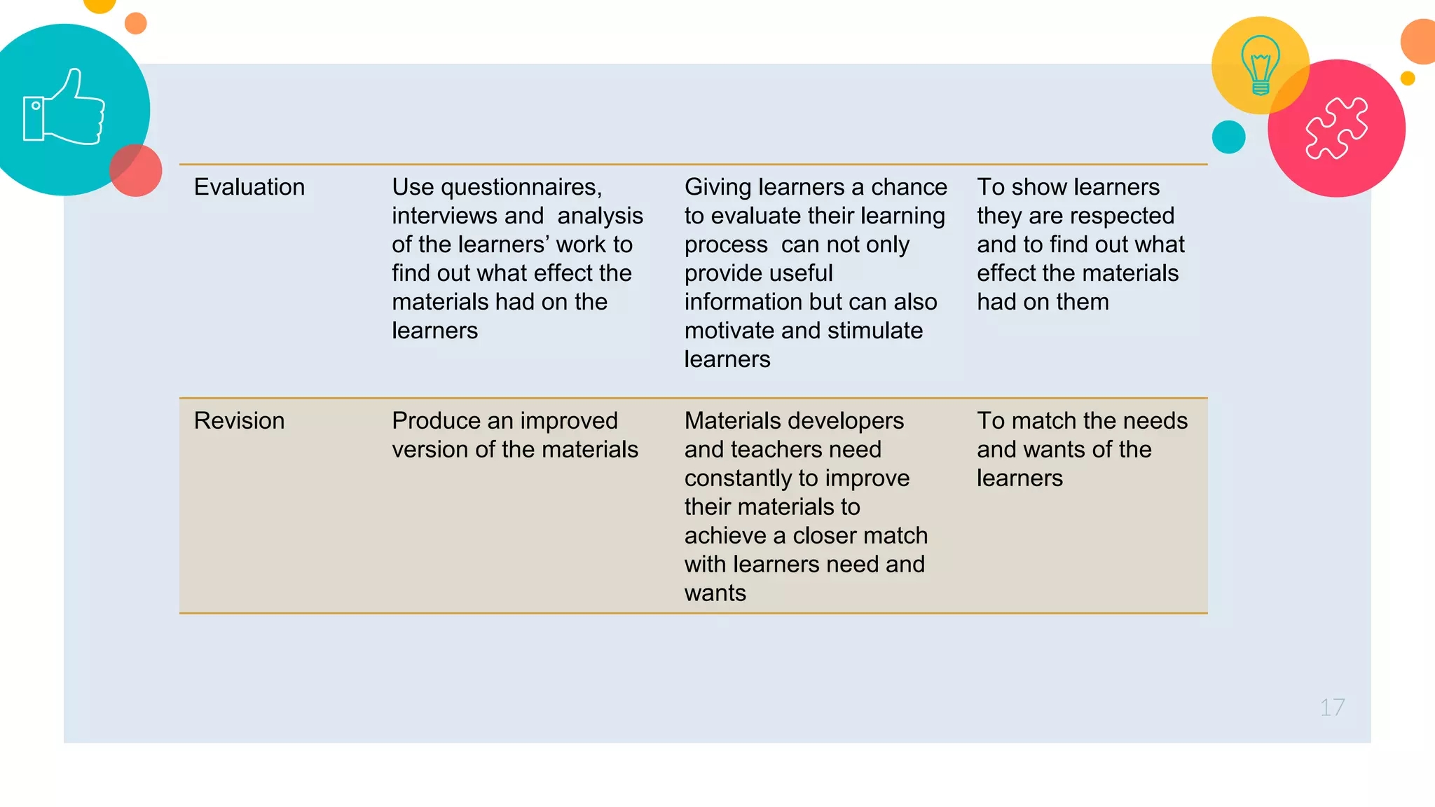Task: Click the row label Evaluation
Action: [x=249, y=187]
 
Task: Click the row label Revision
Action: [x=239, y=421]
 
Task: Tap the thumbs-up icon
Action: [x=64, y=108]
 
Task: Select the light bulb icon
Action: [x=1261, y=64]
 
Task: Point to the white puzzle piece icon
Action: [x=1336, y=128]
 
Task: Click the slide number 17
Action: [x=1332, y=708]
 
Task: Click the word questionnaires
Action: [x=521, y=187]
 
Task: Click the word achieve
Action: [x=725, y=536]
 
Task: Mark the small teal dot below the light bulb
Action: [x=1228, y=137]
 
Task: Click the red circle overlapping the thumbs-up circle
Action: [x=136, y=170]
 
